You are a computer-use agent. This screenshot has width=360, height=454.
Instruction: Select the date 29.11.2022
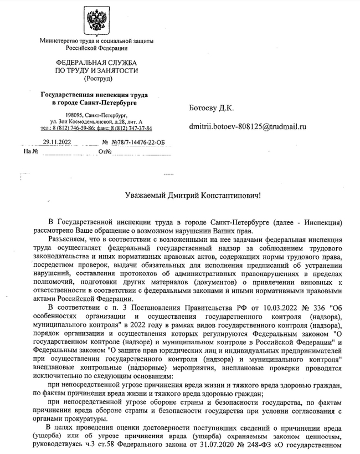point(57,142)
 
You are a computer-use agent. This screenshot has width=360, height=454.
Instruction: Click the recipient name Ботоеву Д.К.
point(212,108)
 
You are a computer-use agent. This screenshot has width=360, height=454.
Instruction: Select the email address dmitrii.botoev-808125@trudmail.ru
point(247,127)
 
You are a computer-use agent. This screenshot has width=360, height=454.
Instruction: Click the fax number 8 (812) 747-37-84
point(131,128)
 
